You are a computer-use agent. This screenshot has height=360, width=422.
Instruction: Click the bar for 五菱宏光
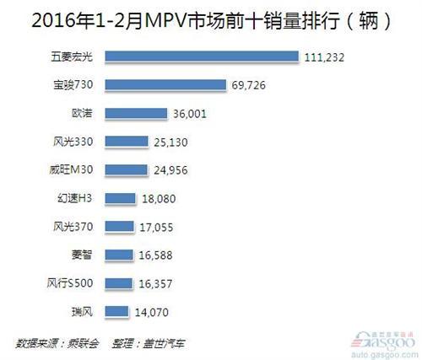pos(203,56)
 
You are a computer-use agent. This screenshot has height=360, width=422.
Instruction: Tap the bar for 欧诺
pos(138,113)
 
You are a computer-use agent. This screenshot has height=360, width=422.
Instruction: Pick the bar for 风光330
pos(128,142)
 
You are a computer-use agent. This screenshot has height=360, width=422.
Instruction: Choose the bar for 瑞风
pos(118,312)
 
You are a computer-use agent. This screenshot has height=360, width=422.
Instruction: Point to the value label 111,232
pos(325,56)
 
